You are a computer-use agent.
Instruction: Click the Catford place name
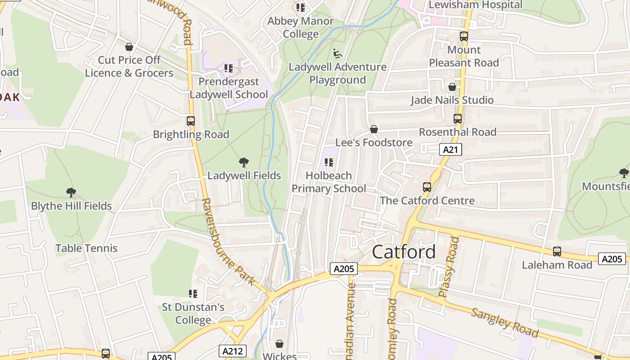click(x=404, y=252)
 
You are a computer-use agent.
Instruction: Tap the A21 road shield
click(x=450, y=150)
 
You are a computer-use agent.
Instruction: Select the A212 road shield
click(x=233, y=351)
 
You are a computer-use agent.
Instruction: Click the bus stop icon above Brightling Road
click(x=191, y=121)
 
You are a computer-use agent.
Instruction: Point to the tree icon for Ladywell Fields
click(x=244, y=162)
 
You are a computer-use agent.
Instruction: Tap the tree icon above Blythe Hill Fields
click(x=71, y=193)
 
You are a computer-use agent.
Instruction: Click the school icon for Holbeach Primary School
click(x=329, y=162)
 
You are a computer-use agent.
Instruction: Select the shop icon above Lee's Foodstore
click(x=373, y=130)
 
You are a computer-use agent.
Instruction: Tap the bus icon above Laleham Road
click(x=557, y=252)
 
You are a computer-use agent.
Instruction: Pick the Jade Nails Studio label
click(x=452, y=100)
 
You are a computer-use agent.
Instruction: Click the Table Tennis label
click(x=86, y=248)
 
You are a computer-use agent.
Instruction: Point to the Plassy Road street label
click(x=449, y=267)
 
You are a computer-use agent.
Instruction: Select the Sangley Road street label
click(x=504, y=323)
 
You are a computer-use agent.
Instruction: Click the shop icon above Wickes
click(x=279, y=344)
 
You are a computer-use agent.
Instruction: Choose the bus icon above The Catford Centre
click(x=427, y=187)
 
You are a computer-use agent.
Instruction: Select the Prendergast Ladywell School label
click(x=229, y=88)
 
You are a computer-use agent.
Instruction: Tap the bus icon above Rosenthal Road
click(x=458, y=119)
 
